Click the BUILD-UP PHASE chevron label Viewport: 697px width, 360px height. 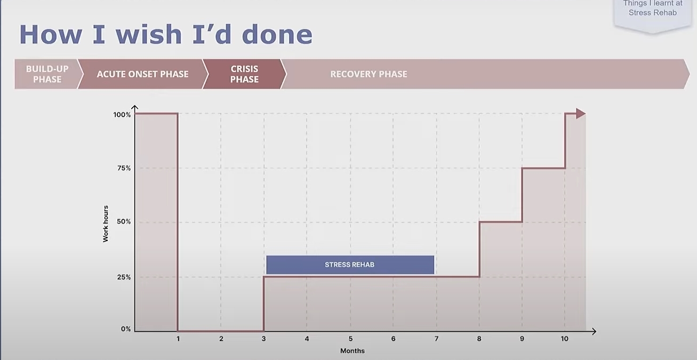pyautogui.click(x=47, y=74)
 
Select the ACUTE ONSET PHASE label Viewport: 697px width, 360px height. pyautogui.click(x=142, y=74)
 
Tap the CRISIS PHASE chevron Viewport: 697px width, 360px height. pyautogui.click(x=244, y=74)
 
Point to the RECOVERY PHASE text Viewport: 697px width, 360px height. pyautogui.click(x=368, y=74)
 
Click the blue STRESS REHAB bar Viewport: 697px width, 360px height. pyautogui.click(x=350, y=265)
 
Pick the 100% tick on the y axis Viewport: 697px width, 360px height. pyautogui.click(x=122, y=115)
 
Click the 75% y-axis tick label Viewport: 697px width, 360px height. pyautogui.click(x=124, y=169)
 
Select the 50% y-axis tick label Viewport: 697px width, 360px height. pyautogui.click(x=124, y=222)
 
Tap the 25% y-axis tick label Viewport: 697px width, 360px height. pyautogui.click(x=124, y=277)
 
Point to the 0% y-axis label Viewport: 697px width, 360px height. pyautogui.click(x=126, y=329)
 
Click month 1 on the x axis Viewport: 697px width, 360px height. pyautogui.click(x=178, y=339)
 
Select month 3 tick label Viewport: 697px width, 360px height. pyautogui.click(x=263, y=339)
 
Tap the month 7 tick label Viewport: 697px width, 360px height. pyautogui.click(x=436, y=339)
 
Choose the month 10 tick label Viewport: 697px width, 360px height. pyautogui.click(x=564, y=339)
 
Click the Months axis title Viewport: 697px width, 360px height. pyautogui.click(x=352, y=351)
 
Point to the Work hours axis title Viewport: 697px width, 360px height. pyautogui.click(x=106, y=223)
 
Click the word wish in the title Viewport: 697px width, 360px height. pyautogui.click(x=149, y=34)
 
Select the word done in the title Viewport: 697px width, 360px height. pyautogui.click(x=277, y=34)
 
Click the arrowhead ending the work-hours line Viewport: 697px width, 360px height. pyautogui.click(x=581, y=114)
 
